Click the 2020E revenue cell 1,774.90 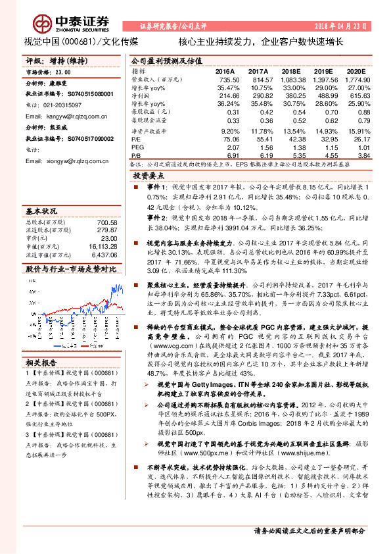[356, 79]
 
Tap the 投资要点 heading [149, 176]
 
